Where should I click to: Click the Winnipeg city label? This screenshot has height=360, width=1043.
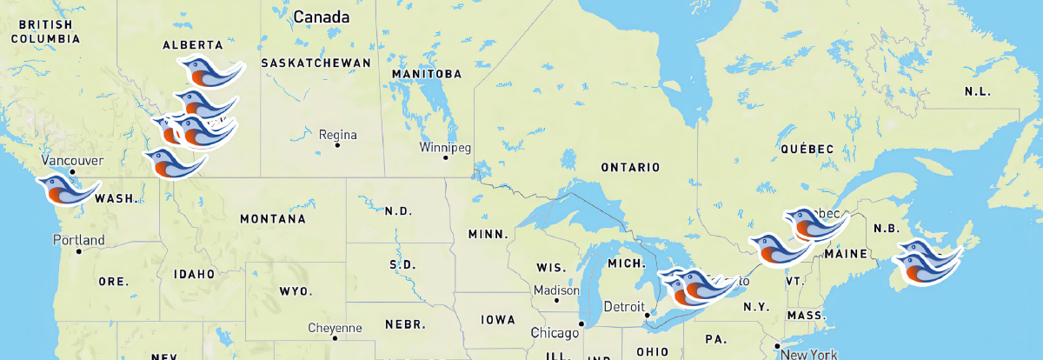(445, 147)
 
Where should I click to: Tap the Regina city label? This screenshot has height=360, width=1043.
(338, 135)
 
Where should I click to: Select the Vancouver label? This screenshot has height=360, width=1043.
(73, 161)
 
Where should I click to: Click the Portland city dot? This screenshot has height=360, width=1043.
(78, 251)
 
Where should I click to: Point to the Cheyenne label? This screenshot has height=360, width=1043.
(335, 328)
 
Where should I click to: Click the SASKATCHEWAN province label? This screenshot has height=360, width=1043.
(316, 63)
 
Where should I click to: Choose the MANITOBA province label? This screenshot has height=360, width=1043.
(427, 74)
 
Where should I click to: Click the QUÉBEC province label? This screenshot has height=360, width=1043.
(807, 150)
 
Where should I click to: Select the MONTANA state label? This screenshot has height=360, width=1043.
(273, 219)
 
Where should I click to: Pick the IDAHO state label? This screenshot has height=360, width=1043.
(194, 274)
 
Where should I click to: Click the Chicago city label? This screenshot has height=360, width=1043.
(555, 333)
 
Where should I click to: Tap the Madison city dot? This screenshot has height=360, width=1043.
(557, 301)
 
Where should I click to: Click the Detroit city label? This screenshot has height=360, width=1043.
(625, 307)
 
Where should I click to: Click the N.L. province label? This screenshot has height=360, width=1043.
(977, 92)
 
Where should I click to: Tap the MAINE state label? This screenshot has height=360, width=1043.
(847, 254)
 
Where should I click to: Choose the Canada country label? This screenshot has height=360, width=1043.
(322, 17)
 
